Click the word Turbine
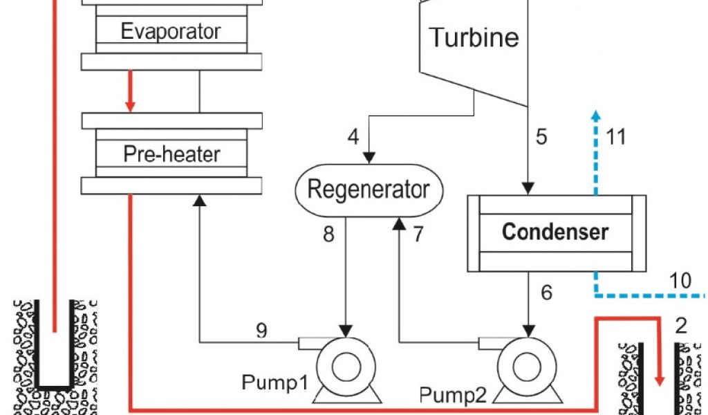(x=474, y=37)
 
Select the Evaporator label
(x=171, y=31)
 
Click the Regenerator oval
(x=368, y=189)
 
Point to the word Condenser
(x=555, y=232)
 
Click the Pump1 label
(x=274, y=382)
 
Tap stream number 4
(x=353, y=137)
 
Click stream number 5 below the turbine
(x=541, y=137)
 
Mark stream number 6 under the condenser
(x=546, y=293)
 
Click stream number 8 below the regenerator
(x=328, y=234)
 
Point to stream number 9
(x=261, y=331)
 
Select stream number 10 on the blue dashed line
(x=680, y=281)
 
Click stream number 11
(x=615, y=137)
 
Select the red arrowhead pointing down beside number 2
(x=660, y=378)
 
